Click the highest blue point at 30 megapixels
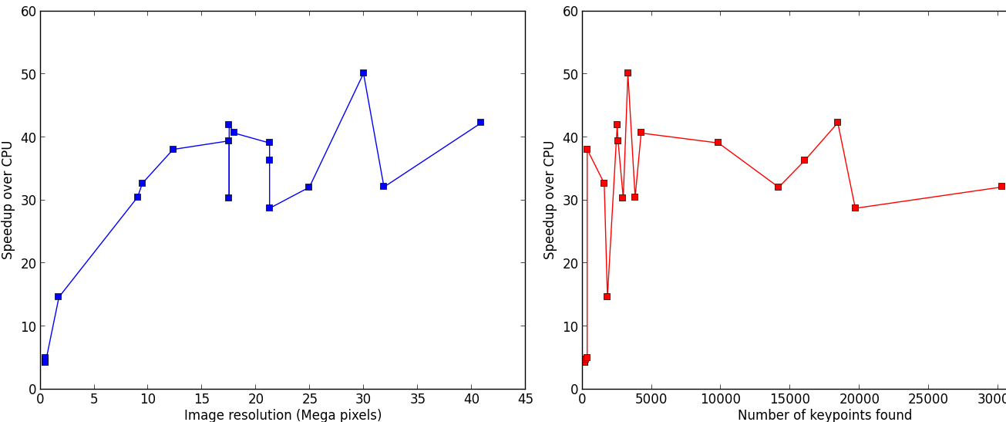tap(363, 73)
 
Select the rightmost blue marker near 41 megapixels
tap(480, 122)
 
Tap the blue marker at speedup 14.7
tap(58, 296)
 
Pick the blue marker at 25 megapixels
tap(308, 187)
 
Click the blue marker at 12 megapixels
tap(173, 149)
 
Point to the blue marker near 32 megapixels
tap(383, 186)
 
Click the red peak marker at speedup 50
tap(627, 73)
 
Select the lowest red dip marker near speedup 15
tap(607, 296)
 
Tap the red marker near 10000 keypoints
tap(718, 143)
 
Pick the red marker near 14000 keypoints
tap(778, 187)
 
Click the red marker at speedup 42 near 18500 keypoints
tap(837, 122)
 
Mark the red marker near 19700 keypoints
tap(855, 208)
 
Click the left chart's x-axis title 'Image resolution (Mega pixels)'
tap(283, 415)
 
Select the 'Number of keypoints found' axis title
tap(824, 415)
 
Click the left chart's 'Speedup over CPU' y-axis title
tap(8, 200)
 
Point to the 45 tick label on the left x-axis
tap(525, 400)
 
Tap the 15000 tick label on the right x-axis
tap(789, 400)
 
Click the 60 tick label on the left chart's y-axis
tap(28, 12)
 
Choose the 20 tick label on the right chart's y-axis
tap(570, 263)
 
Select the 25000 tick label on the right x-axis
tap(927, 400)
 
